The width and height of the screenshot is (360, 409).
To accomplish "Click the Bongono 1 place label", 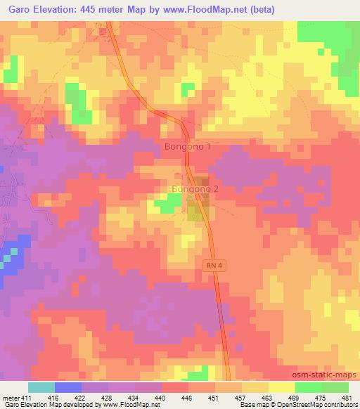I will [187, 147].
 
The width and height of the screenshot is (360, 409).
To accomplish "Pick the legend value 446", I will [188, 397].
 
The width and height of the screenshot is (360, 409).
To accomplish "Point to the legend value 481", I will [349, 397].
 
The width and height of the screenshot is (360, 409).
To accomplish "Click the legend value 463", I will [269, 397].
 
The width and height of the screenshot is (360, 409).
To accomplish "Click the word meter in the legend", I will [11, 397].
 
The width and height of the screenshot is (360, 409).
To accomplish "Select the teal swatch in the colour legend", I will [41, 387].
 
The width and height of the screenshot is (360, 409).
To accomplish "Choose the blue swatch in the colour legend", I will [67, 387].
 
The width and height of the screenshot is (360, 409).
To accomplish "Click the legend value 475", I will [322, 397].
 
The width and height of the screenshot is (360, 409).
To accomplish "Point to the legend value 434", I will [135, 397].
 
